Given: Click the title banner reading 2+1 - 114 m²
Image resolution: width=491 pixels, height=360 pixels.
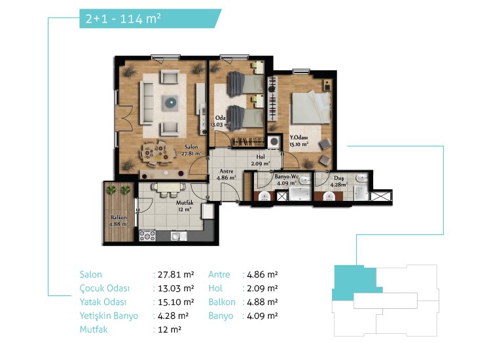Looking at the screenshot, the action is pyautogui.click(x=151, y=18).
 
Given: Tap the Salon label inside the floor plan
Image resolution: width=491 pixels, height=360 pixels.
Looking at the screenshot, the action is pyautogui.click(x=191, y=147).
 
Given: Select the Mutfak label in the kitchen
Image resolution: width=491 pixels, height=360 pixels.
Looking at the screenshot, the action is pyautogui.click(x=185, y=203).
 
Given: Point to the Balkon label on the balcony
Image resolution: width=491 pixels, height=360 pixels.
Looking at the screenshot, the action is pyautogui.click(x=118, y=217).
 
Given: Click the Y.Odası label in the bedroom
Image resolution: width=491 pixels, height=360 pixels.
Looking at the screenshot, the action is pyautogui.click(x=299, y=137).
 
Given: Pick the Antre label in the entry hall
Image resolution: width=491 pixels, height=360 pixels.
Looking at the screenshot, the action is pyautogui.click(x=226, y=171).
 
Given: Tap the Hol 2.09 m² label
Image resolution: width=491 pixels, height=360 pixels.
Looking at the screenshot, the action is pyautogui.click(x=261, y=160).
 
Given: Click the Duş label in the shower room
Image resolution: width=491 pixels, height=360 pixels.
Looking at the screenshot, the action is pyautogui.click(x=338, y=178).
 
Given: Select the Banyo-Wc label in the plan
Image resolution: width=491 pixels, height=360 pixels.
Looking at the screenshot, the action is pyautogui.click(x=287, y=176).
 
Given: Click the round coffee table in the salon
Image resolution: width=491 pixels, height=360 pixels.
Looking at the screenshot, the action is pyautogui.click(x=171, y=102).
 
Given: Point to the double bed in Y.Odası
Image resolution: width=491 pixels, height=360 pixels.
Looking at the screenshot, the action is pyautogui.click(x=311, y=107).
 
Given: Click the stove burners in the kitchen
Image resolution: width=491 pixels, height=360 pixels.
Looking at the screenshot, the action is pyautogui.click(x=147, y=236).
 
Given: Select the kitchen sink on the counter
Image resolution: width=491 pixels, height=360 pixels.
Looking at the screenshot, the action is pyautogui.click(x=179, y=236).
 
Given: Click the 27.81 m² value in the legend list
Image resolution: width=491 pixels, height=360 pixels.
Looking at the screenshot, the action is pyautogui.click(x=176, y=274).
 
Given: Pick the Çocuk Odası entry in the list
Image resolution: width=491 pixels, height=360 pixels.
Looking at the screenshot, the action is pyautogui.click(x=105, y=289).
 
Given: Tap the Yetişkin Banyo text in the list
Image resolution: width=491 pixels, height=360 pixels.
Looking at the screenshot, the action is pyautogui.click(x=109, y=316).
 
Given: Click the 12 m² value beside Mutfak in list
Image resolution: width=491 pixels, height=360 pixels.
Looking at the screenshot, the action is pyautogui.click(x=170, y=329).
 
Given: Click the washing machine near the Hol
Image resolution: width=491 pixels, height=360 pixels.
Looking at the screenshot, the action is pyautogui.click(x=274, y=141).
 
